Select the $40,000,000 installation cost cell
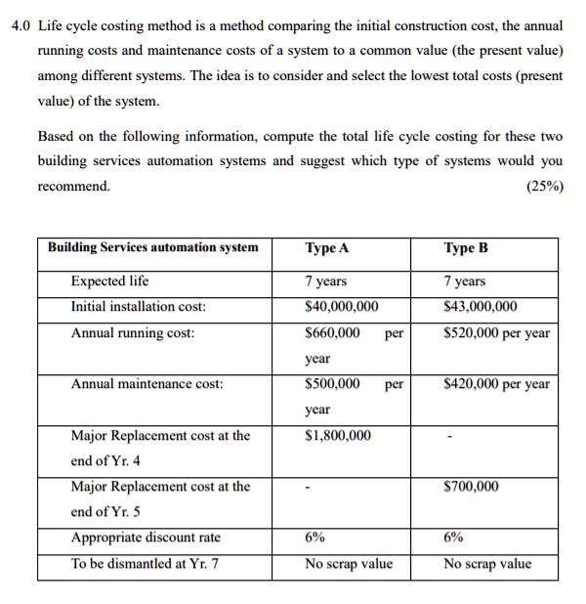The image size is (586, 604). [342, 307]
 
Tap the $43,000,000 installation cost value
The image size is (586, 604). [481, 307]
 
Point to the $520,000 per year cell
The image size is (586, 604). [496, 332]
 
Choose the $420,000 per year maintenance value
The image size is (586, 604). [496, 384]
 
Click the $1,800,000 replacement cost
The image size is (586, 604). [338, 435]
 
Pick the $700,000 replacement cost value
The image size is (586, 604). [471, 486]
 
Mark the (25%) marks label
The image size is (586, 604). [543, 186]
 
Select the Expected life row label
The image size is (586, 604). [109, 280]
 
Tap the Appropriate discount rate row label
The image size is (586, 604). [146, 537]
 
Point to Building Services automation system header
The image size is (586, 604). [153, 247]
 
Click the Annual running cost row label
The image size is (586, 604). [132, 332]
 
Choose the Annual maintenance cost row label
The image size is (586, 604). [146, 384]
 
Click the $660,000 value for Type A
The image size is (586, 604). [332, 332]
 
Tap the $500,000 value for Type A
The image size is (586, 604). [332, 384]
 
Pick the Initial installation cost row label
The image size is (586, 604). [138, 307]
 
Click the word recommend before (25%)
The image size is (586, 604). [74, 186]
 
